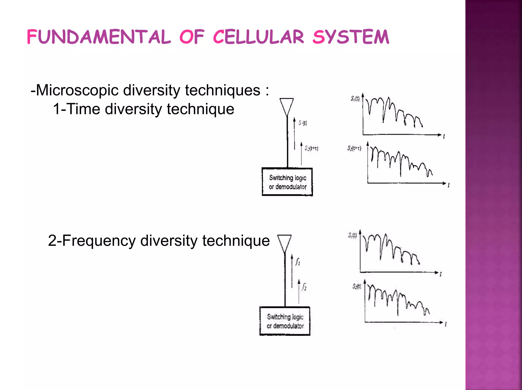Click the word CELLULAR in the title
[258, 37]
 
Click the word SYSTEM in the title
[351, 37]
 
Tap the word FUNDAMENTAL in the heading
[99, 37]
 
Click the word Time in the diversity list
[84, 109]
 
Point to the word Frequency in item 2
[99, 241]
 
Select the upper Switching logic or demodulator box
[287, 182]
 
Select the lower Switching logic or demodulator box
[285, 321]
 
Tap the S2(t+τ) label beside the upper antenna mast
[311, 148]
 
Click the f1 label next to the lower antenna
[298, 262]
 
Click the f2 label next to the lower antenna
[304, 287]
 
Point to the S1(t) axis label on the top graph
[355, 99]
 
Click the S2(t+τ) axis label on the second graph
[354, 148]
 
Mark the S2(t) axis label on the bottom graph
[357, 286]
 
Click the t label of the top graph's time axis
[444, 137]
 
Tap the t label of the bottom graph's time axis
[446, 325]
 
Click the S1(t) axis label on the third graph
[352, 235]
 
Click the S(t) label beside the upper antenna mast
[303, 123]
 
